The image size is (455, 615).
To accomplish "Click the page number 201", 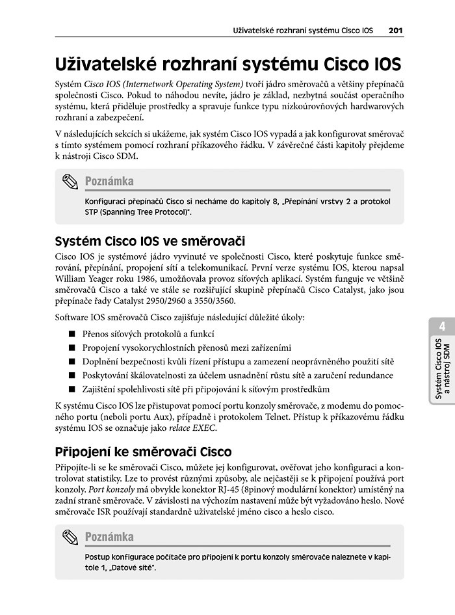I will point(396,30).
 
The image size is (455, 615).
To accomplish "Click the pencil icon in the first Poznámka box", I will point(70,182).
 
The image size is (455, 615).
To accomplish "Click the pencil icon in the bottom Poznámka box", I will point(70,538).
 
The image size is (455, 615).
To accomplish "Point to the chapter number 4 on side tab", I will point(441,326).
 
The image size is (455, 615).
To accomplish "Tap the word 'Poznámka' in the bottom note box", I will point(109,537).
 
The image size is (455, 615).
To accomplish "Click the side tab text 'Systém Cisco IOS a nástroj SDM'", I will point(442,368).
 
